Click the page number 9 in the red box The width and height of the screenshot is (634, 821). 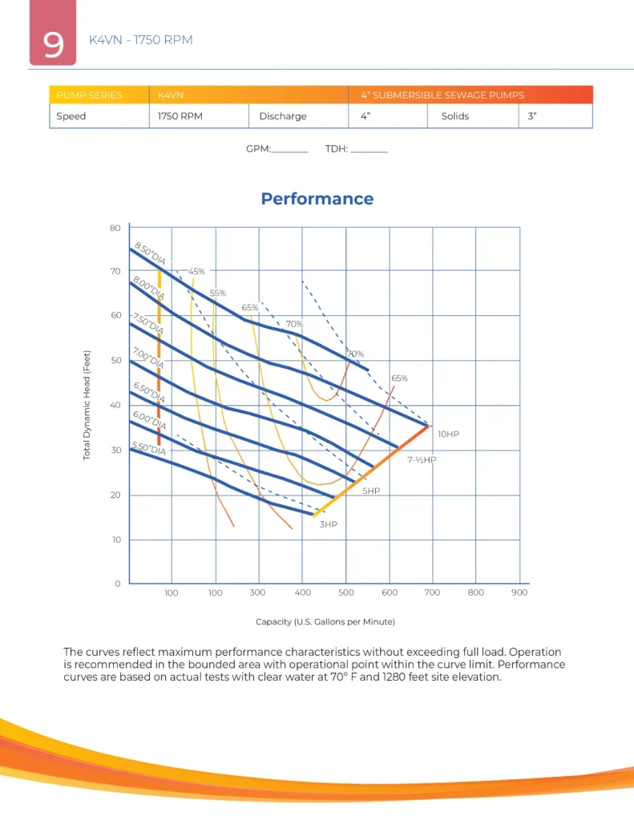point(54,44)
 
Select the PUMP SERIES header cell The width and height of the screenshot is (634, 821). point(89,95)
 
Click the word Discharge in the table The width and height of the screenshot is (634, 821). point(283,116)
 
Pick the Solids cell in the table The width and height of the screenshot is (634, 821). point(454,116)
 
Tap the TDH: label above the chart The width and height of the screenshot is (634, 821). point(336,149)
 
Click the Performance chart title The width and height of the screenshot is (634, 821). point(317,199)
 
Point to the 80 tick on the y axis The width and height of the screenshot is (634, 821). point(114,228)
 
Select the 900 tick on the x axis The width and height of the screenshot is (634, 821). point(519,593)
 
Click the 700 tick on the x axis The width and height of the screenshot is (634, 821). point(433,593)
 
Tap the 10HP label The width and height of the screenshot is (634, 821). point(448,434)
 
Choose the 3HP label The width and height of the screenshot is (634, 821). point(329,524)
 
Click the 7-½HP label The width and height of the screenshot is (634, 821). point(421,460)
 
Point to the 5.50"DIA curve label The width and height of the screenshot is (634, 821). point(148,450)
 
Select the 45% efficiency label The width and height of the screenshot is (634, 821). point(196,272)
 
